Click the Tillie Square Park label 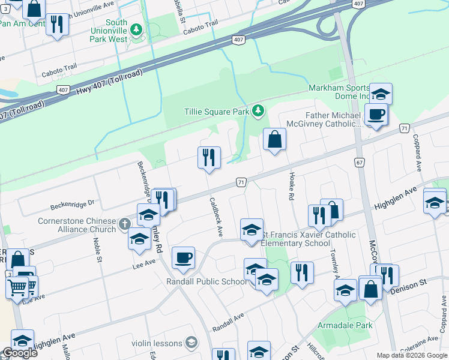pyautogui.click(x=216, y=112)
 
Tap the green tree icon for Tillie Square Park pyautogui.click(x=258, y=110)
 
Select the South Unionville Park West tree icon pyautogui.click(x=137, y=29)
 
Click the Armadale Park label pyautogui.click(x=345, y=326)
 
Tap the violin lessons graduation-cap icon pyautogui.click(x=191, y=343)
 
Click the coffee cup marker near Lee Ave pyautogui.click(x=183, y=258)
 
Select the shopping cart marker pyautogui.click(x=17, y=286)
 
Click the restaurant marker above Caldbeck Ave pyautogui.click(x=209, y=158)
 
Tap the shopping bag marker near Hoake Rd pyautogui.click(x=274, y=140)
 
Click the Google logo pyautogui.click(x=19, y=353)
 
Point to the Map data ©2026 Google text pyautogui.click(x=411, y=355)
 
